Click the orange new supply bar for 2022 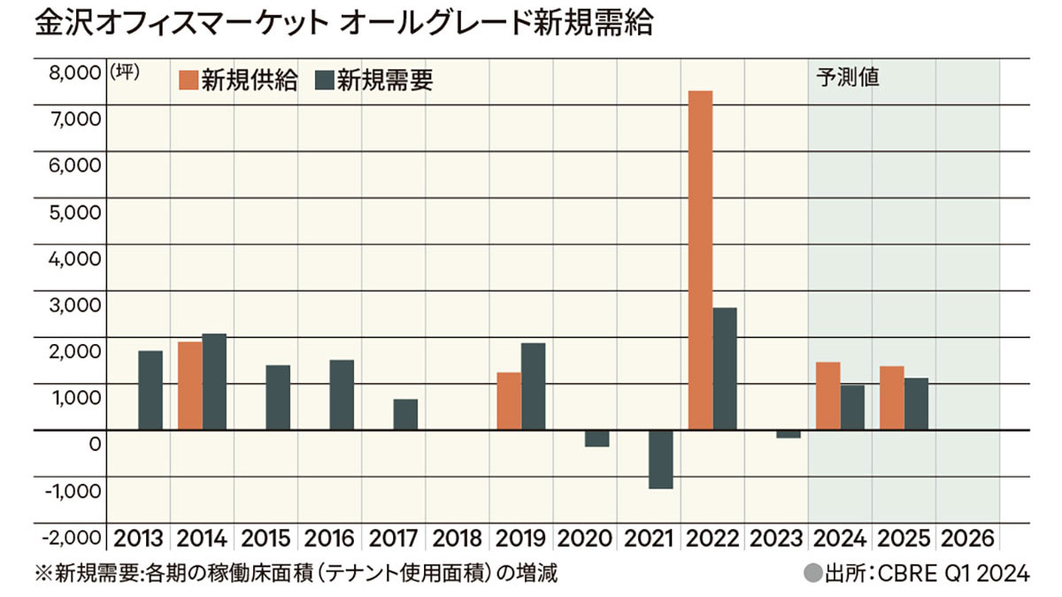(x=700, y=260)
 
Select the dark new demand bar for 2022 (x=724, y=369)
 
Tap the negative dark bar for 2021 (x=660, y=459)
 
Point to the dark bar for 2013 (x=150, y=390)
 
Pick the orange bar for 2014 (x=189, y=386)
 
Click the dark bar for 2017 (x=405, y=414)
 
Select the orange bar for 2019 (x=508, y=401)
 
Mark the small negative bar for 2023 (x=788, y=433)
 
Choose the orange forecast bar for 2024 (x=827, y=395)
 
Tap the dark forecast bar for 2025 (x=916, y=403)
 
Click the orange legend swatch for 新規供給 (x=188, y=80)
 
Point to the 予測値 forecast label (x=846, y=77)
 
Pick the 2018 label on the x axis (x=458, y=538)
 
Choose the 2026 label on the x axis (x=968, y=538)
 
